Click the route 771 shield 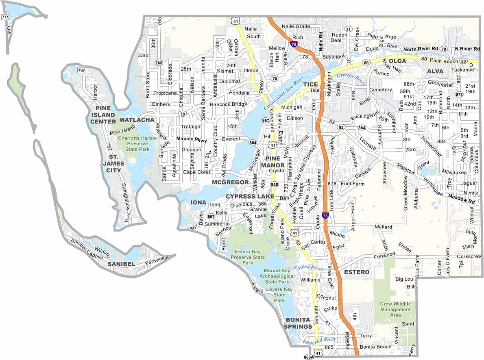[5, 17]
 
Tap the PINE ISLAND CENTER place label [103, 115]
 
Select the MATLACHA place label [137, 120]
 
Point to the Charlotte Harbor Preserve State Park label [133, 143]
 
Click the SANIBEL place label [121, 264]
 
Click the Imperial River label [318, 340]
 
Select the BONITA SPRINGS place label [298, 323]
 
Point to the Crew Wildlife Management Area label [395, 309]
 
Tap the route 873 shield [459, 94]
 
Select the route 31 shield [348, 29]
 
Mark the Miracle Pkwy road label [192, 139]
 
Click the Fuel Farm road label [352, 184]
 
